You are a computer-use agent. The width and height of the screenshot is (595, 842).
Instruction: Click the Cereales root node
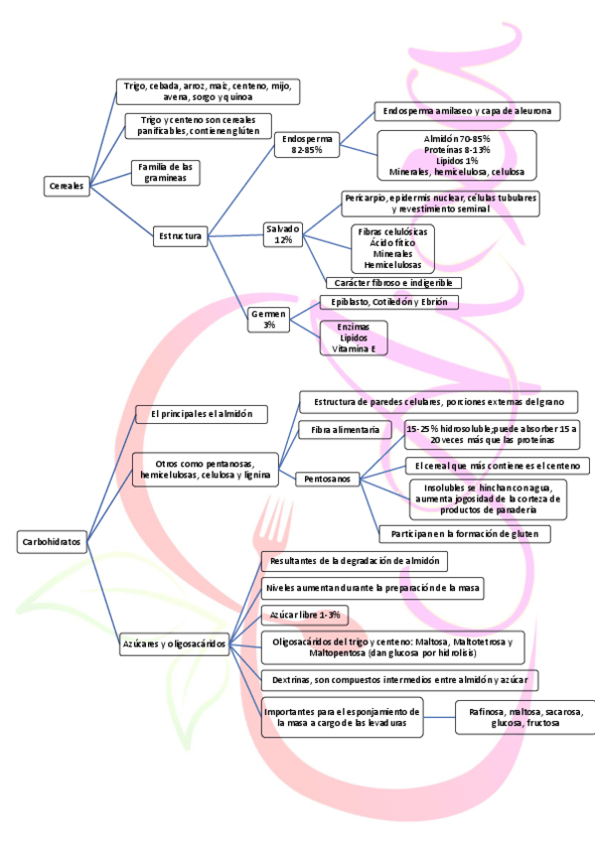click(67, 185)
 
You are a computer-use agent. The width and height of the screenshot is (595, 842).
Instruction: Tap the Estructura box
click(180, 236)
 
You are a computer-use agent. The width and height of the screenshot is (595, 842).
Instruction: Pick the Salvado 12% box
click(283, 234)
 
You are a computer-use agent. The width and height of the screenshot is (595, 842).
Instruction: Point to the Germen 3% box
click(269, 319)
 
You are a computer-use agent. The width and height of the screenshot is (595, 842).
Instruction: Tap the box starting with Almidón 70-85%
click(456, 154)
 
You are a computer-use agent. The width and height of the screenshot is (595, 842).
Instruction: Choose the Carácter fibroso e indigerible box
click(393, 283)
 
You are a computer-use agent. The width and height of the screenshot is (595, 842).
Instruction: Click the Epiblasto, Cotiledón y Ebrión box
click(388, 302)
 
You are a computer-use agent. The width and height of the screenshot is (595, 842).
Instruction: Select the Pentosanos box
click(328, 479)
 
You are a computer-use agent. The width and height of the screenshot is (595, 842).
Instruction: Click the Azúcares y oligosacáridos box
click(175, 643)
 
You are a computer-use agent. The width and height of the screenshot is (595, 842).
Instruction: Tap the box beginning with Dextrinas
click(398, 680)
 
